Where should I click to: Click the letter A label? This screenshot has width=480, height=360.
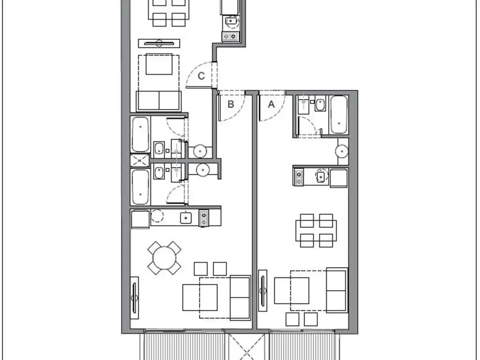click(x=271, y=105)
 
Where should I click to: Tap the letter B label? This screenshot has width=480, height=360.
click(x=231, y=104)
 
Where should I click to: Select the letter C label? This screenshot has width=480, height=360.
click(x=201, y=76)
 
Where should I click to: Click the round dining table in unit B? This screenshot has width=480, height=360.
click(x=165, y=258)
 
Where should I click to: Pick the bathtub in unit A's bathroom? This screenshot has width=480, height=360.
click(x=339, y=115)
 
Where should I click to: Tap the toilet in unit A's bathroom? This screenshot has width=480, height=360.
click(x=320, y=105)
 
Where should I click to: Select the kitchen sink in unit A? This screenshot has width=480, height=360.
click(x=321, y=176)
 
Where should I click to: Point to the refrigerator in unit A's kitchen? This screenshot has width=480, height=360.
click(x=339, y=178)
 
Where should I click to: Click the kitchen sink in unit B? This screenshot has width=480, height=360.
click(x=186, y=217)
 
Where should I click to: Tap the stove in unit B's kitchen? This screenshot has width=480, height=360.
click(x=204, y=218)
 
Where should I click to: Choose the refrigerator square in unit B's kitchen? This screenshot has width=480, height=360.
click(x=141, y=219)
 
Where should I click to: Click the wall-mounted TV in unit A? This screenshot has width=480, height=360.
click(x=262, y=291)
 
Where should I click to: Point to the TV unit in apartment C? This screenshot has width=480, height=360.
click(x=159, y=43)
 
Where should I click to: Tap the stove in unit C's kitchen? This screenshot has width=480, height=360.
click(x=230, y=37)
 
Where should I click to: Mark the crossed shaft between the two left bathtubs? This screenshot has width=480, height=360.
click(x=140, y=160)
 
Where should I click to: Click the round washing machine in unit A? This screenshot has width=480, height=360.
click(x=342, y=151)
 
